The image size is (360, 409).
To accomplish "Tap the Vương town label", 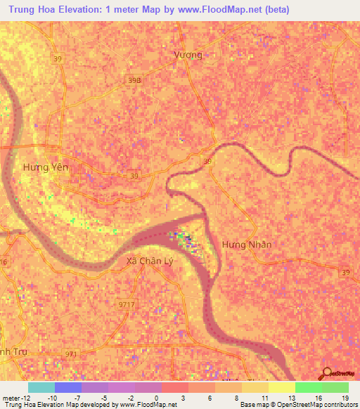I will coord(188,55).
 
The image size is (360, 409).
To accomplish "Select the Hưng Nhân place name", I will coord(246,244).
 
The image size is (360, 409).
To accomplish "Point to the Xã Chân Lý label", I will coord(150,261).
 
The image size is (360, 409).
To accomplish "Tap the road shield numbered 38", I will coord(207,161).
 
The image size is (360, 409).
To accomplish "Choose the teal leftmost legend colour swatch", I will coord(41,387).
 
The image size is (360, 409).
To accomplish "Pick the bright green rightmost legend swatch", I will coord(335,387).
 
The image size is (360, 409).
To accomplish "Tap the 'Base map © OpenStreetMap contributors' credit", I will coord(298,405).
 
